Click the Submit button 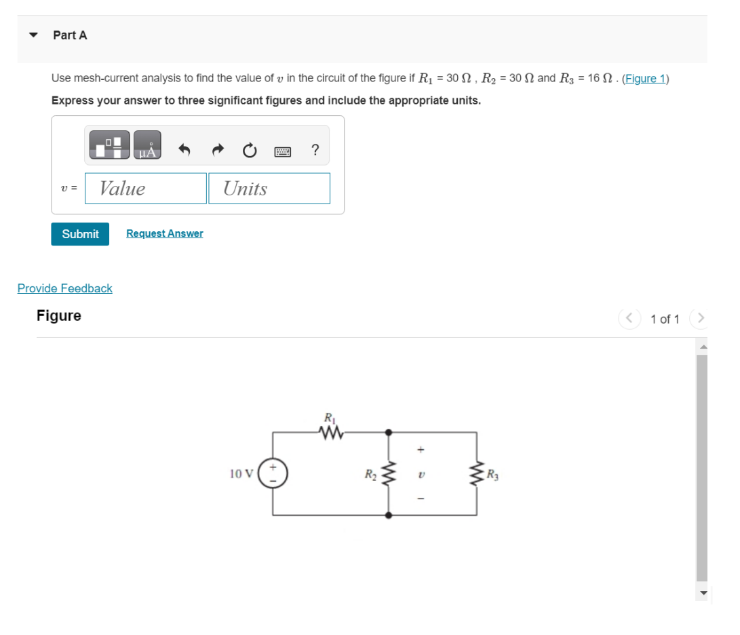click(x=80, y=234)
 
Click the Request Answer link click(x=164, y=233)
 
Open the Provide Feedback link click(x=65, y=288)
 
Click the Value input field click(x=146, y=189)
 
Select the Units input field click(x=269, y=189)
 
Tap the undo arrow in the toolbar click(x=183, y=151)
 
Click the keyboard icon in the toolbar click(x=282, y=151)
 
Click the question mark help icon click(x=315, y=150)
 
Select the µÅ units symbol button click(x=147, y=146)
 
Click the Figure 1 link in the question click(x=645, y=78)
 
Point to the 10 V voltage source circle click(x=275, y=473)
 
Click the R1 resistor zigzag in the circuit click(x=329, y=431)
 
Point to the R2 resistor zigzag click(x=389, y=473)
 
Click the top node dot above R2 click(x=389, y=431)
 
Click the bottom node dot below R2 click(x=389, y=515)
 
